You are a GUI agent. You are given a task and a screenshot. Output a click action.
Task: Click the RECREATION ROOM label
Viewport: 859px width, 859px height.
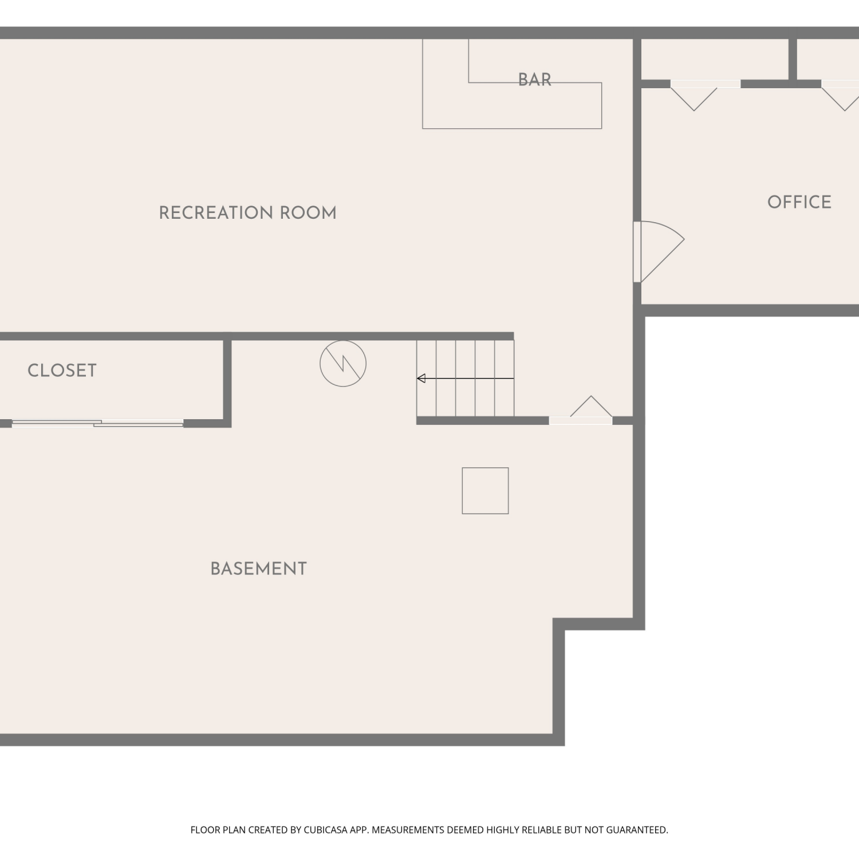247,213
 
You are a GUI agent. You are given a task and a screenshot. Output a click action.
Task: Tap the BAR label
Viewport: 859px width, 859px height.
535,80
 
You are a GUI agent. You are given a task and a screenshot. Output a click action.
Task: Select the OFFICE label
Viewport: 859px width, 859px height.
799,202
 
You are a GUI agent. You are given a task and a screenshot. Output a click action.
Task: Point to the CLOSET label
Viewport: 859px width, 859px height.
62,371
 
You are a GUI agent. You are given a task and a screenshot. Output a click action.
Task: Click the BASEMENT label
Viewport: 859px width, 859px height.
259,569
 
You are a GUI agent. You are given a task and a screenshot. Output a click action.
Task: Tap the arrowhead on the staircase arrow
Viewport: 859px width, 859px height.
421,378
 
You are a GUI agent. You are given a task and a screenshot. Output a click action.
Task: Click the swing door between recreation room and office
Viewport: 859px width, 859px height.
659,251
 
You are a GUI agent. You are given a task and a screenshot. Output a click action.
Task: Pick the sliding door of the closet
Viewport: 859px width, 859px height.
97,423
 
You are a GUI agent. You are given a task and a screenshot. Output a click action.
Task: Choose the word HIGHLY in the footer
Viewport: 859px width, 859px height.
503,830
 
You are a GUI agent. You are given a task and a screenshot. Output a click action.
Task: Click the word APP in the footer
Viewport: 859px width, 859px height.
358,830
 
